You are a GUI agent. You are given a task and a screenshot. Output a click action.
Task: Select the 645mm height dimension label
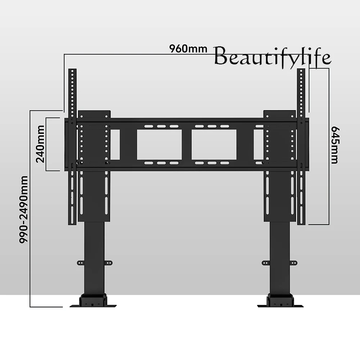tap(335, 145)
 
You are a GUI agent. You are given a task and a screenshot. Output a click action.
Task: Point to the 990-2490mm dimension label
tap(24, 209)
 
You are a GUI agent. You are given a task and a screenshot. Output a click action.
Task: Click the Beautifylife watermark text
tap(272, 58)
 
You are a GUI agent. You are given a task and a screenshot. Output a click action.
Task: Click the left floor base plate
tap(94, 305)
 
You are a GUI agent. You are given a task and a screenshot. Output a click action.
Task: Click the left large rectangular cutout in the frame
tap(159, 145)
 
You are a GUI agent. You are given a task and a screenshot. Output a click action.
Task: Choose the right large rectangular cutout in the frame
tap(214, 145)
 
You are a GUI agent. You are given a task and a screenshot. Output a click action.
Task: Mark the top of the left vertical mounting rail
tap(73, 70)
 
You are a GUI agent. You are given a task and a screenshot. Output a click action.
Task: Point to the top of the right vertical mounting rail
tap(301, 71)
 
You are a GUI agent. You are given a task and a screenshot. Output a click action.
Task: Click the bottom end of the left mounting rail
tap(73, 222)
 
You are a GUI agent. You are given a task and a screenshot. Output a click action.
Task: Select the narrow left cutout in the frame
tap(115, 145)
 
